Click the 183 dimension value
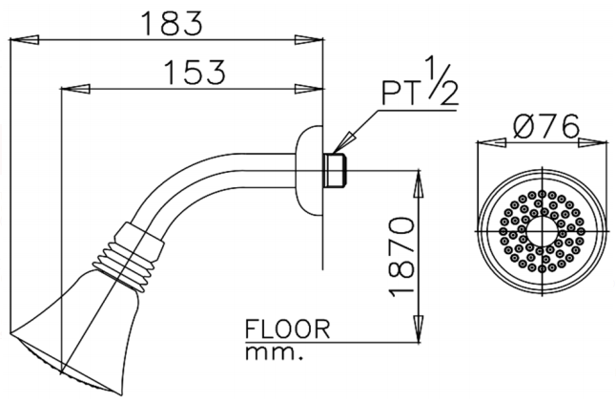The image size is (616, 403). point(168,22)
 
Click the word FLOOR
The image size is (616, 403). point(286,330)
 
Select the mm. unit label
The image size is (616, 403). point(270,353)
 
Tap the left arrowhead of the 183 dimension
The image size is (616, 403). point(19,40)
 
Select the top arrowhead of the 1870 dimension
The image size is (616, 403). point(417,182)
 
